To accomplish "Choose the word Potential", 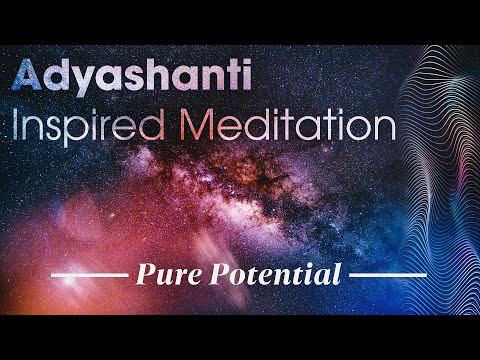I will point(273,273).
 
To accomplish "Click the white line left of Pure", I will point(91,274).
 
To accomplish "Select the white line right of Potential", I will point(390,274).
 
